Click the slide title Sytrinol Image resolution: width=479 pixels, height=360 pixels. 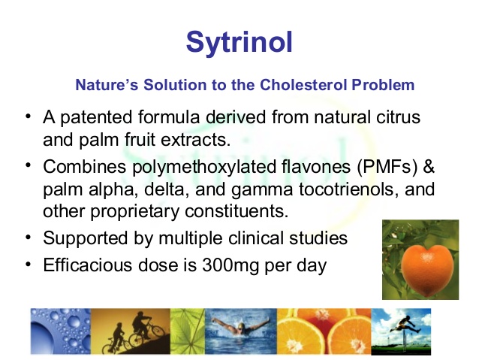239,43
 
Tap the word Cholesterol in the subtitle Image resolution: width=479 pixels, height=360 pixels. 303,85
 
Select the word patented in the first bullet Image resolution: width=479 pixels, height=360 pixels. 96,118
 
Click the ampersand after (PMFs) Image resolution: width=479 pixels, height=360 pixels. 429,167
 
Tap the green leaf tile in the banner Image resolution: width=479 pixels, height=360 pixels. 187,331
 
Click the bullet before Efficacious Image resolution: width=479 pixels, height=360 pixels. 29,264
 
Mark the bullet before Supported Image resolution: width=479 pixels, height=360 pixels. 29,237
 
